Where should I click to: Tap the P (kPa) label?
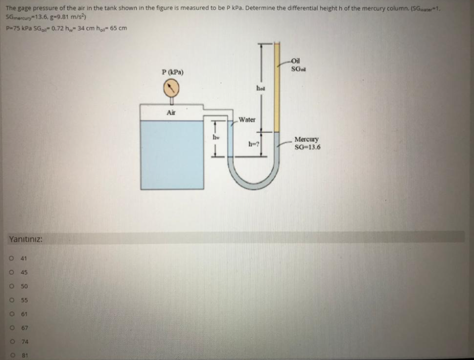tap(173, 72)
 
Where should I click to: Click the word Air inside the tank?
tap(171, 113)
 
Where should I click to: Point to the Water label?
tap(247, 120)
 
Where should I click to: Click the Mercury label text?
tap(306, 140)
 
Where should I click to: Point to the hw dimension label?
tap(216, 136)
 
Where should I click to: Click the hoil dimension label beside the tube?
tap(260, 88)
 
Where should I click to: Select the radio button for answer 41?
tap(11, 258)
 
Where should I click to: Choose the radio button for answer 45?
tap(11, 272)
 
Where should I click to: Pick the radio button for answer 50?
tap(11, 286)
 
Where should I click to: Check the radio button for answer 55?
tap(11, 300)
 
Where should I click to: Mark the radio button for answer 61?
tap(11, 314)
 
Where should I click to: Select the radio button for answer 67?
tap(11, 328)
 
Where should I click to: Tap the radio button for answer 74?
tap(11, 342)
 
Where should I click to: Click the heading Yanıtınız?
tap(26, 239)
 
